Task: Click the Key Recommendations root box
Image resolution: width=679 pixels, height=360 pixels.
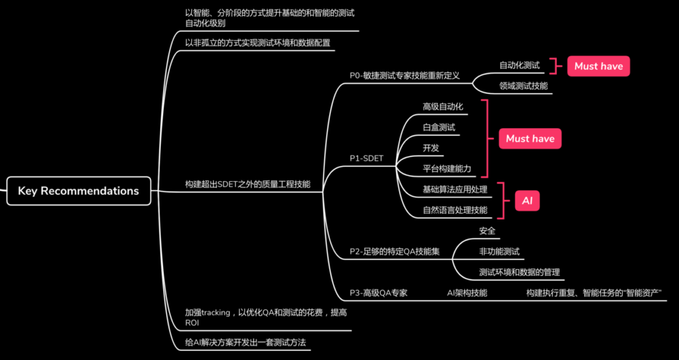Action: [x=78, y=191]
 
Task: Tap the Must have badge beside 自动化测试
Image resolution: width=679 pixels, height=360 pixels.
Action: [x=598, y=66]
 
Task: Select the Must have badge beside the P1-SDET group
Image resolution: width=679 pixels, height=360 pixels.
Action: [x=530, y=139]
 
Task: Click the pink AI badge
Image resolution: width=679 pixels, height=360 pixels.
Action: [x=527, y=201]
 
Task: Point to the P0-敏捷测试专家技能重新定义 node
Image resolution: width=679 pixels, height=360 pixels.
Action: [x=404, y=76]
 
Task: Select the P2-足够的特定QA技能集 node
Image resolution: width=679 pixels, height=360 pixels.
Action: [x=395, y=251]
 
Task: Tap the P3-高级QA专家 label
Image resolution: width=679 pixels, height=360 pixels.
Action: [x=379, y=292]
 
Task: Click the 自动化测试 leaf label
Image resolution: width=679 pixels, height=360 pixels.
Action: [x=519, y=66]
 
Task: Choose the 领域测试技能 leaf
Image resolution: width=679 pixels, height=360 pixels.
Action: [x=523, y=86]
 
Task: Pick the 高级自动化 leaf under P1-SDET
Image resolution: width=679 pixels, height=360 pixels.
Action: [x=442, y=106]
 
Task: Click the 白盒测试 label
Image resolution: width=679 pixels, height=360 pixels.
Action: [x=439, y=127]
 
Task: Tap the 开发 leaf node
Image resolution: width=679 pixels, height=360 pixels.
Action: [x=431, y=147]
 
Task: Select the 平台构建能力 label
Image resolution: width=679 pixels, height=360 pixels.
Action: [x=447, y=168]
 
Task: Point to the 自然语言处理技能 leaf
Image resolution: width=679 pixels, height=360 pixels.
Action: [x=455, y=210]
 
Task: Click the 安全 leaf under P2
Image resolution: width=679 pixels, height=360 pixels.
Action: [x=487, y=231]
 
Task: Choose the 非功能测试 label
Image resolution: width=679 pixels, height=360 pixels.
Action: [x=499, y=251]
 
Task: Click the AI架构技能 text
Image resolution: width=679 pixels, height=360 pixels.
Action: [x=467, y=292]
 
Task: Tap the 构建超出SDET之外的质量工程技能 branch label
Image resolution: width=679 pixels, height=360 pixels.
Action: [x=247, y=184]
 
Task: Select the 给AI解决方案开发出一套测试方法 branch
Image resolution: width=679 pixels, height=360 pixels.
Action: [x=249, y=342]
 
